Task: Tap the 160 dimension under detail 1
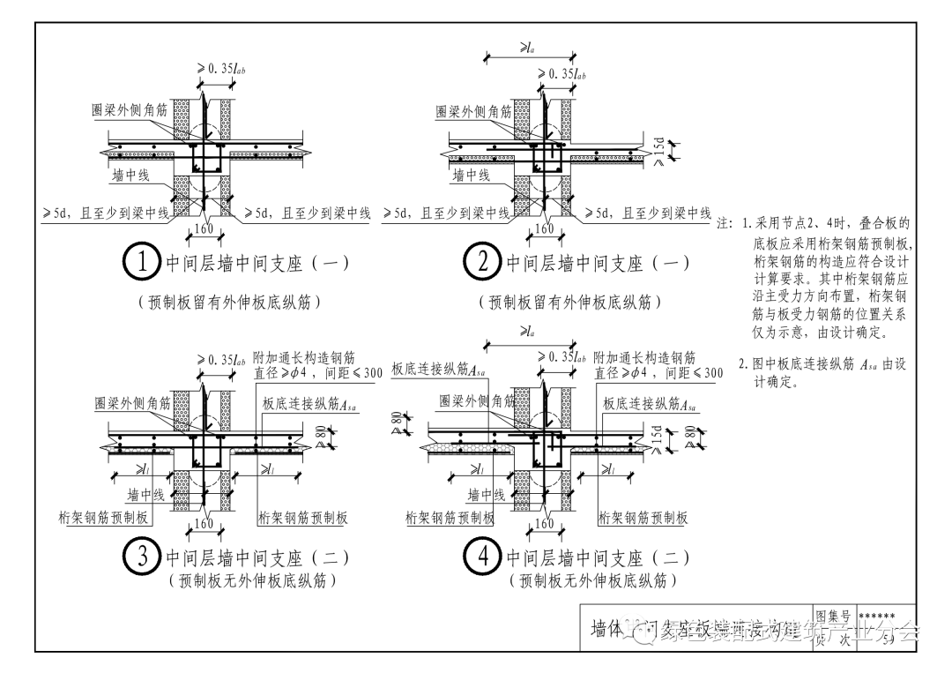pyautogui.click(x=204, y=229)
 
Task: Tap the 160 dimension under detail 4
pyautogui.click(x=545, y=524)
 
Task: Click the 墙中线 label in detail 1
pyautogui.click(x=130, y=176)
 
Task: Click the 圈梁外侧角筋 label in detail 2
pyautogui.click(x=473, y=112)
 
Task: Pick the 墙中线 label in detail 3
pyautogui.click(x=145, y=495)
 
